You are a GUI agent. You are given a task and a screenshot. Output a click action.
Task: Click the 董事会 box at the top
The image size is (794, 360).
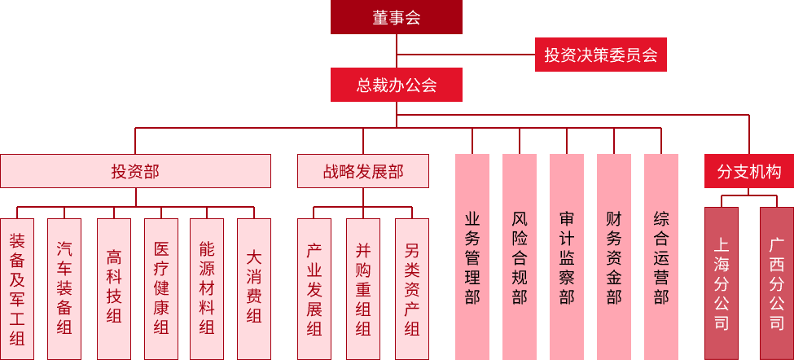pos(397,17)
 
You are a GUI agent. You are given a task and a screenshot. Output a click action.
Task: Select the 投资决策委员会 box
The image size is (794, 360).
pos(601,55)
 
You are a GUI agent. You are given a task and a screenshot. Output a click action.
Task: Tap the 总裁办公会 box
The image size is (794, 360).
pos(397,85)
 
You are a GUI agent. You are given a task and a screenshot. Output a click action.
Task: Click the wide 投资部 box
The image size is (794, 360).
pos(135,171)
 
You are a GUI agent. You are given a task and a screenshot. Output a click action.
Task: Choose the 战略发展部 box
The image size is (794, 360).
pos(363,171)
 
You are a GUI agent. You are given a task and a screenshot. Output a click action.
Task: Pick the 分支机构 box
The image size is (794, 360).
pos(749,171)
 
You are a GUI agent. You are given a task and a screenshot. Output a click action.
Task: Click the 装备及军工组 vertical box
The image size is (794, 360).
pos(17,288)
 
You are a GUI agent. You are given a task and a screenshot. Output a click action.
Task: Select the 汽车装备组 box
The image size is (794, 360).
pos(64,288)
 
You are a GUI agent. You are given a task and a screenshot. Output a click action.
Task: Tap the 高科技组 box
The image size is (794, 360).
pos(114,288)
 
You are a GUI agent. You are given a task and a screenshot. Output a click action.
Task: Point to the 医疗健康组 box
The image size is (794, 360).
pos(161,288)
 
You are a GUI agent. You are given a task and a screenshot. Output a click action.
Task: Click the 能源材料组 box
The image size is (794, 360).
pos(207,288)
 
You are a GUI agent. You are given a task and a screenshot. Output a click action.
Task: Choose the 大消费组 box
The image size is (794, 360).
pos(254,288)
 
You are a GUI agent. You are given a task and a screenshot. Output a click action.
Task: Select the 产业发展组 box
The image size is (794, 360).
pos(314,288)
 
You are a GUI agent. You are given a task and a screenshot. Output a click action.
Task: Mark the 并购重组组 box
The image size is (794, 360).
pos(363,288)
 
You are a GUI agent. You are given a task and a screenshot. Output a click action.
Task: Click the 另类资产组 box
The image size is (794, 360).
pos(412,288)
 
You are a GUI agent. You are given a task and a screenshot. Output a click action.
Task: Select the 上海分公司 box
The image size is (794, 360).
pos(722,283)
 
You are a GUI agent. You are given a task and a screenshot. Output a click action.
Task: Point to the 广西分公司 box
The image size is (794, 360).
pos(777,283)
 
